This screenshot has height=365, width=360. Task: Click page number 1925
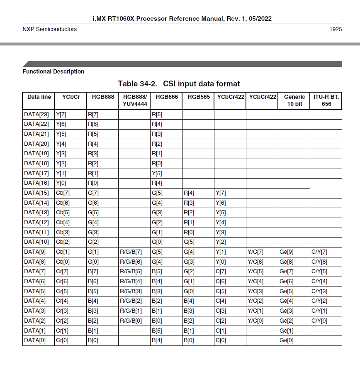tap(336, 29)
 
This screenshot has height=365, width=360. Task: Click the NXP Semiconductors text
tap(49, 29)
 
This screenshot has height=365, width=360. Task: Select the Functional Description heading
tap(53, 71)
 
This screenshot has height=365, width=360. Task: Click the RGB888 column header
tap(103, 97)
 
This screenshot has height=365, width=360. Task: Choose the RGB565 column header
tap(198, 97)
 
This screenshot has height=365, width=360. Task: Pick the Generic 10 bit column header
tap(294, 100)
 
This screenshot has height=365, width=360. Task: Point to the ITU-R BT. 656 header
tap(326, 100)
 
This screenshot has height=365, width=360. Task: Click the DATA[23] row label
tap(36, 114)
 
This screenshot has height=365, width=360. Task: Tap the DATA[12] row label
tap(36, 222)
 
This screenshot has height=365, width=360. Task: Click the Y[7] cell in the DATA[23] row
tap(61, 114)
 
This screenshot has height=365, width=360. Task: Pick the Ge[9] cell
tap(287, 252)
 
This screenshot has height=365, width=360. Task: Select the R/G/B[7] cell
tap(131, 252)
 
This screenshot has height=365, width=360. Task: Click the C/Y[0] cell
tap(319, 321)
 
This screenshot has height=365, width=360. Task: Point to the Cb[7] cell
tap(63, 193)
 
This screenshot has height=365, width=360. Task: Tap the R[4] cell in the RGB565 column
tap(189, 193)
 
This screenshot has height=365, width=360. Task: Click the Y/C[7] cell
tap(255, 252)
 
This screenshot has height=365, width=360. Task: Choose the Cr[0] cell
tap(62, 341)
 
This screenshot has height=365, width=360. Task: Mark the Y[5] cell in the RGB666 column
tap(157, 173)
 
